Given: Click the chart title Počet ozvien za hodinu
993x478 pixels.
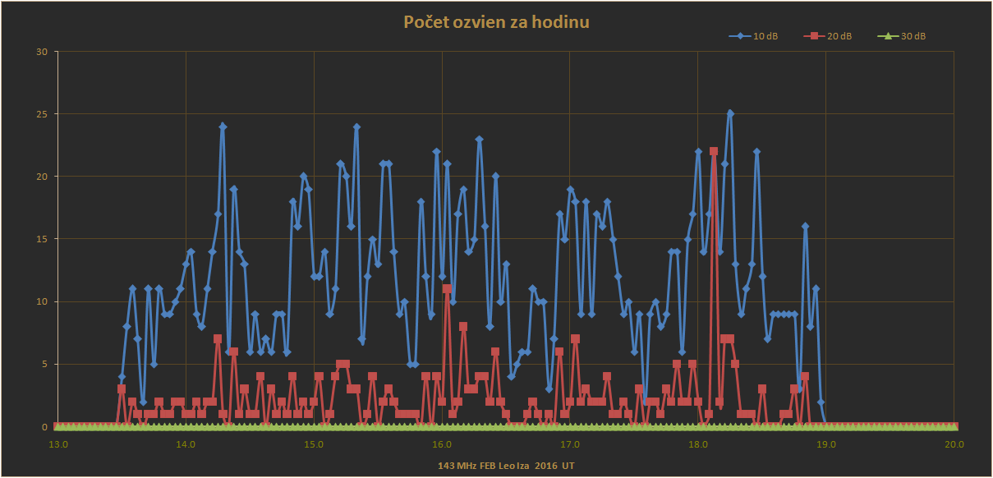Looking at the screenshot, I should pyautogui.click(x=496, y=22).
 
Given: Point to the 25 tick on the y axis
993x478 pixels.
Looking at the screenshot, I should pyautogui.click(x=42, y=114).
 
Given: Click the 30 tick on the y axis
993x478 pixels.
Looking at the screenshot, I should pyautogui.click(x=42, y=52).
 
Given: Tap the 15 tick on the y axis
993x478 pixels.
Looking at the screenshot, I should pyautogui.click(x=42, y=240).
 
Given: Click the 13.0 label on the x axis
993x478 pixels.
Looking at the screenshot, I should pyautogui.click(x=57, y=444).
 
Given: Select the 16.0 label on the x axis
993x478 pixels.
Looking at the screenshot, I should pyautogui.click(x=442, y=444).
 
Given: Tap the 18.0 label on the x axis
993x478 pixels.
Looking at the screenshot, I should pyautogui.click(x=698, y=444).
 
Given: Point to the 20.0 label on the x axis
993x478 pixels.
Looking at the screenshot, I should pyautogui.click(x=954, y=444).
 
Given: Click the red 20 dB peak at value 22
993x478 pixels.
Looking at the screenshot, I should pyautogui.click(x=714, y=152).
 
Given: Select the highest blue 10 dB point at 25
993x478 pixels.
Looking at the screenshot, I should pyautogui.click(x=730, y=114).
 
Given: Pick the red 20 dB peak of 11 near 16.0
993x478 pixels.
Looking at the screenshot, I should pyautogui.click(x=447, y=289).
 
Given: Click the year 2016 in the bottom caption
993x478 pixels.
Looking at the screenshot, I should pyautogui.click(x=545, y=465).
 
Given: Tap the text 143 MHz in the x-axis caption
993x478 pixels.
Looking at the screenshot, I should pyautogui.click(x=457, y=465).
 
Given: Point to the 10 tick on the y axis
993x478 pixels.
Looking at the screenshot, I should pyautogui.click(x=42, y=302).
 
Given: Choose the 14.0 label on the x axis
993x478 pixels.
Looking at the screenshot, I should pyautogui.click(x=186, y=444).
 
